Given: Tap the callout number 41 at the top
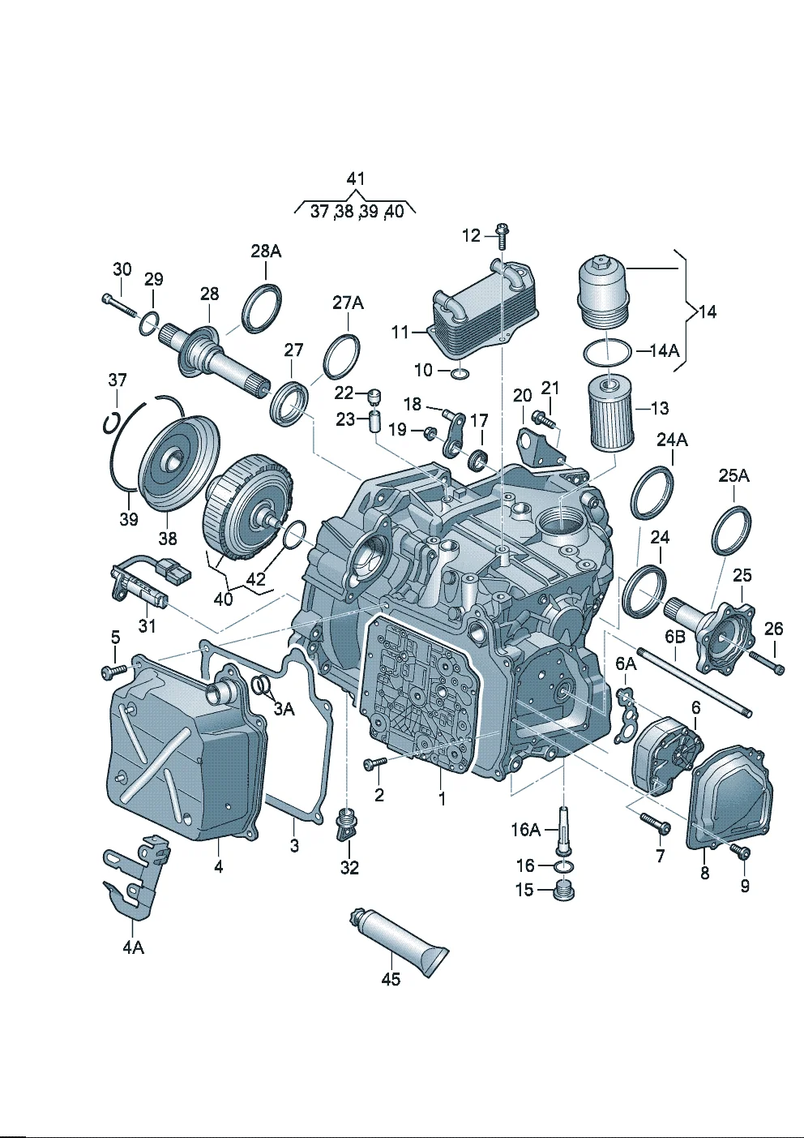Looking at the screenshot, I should pyautogui.click(x=355, y=179).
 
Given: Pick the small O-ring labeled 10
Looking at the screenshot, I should pyautogui.click(x=460, y=373).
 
